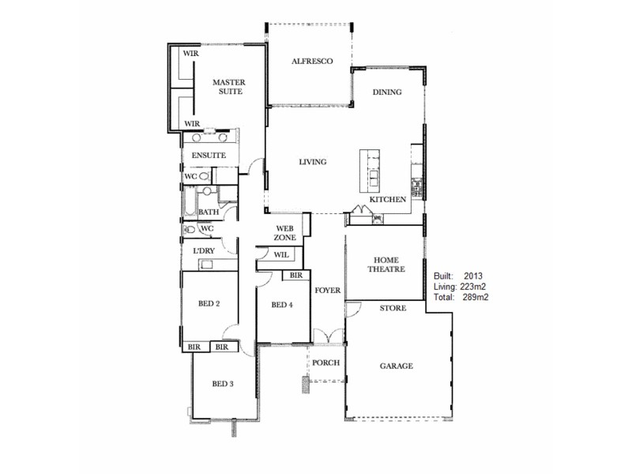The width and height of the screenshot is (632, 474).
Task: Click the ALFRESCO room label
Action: [311, 61]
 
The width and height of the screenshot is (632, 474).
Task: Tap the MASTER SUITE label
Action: [228, 86]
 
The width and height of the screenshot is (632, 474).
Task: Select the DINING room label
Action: [387, 92]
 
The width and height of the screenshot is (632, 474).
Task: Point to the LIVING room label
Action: [312, 162]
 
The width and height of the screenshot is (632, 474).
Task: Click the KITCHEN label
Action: [388, 200]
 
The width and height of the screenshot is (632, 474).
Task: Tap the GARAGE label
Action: [397, 366]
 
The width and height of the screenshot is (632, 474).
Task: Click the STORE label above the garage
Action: [393, 308]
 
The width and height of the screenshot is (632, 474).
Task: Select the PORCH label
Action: [325, 363]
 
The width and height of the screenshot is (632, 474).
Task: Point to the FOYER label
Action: [327, 291]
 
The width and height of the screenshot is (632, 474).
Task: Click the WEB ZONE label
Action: [285, 232]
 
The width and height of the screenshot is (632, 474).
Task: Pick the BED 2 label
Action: [208, 304]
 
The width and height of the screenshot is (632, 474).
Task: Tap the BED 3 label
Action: [223, 385]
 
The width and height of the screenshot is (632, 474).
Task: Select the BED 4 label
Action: [282, 305]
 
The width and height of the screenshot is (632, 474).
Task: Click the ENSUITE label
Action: [209, 156]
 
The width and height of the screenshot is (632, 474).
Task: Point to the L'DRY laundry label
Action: [204, 251]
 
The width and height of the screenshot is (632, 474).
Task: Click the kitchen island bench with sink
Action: [370, 170]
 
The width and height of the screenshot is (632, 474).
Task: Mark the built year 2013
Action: [474, 276]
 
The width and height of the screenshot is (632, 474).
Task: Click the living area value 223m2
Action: [476, 287]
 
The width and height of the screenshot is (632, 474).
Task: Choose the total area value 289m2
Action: [476, 298]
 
